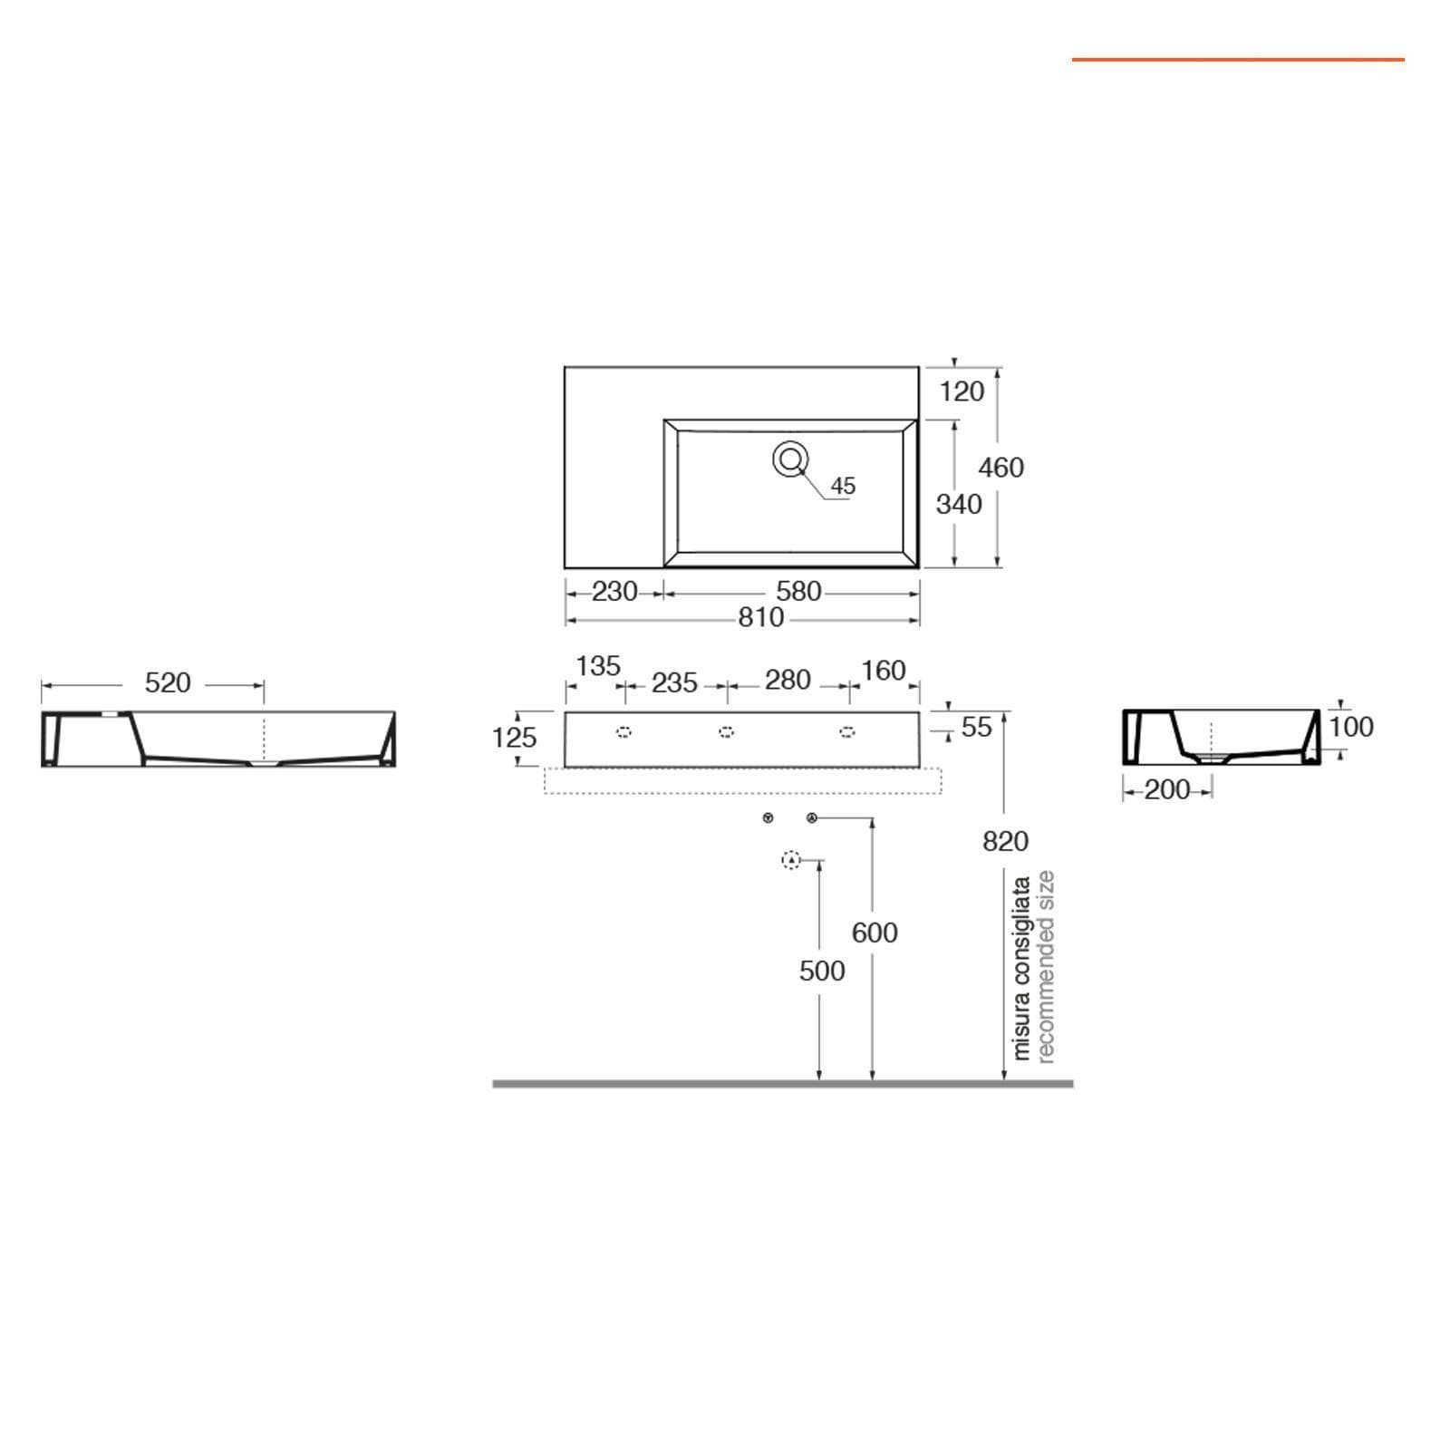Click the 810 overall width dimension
tap(760, 617)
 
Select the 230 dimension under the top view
tap(614, 592)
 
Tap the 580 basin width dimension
tap(798, 592)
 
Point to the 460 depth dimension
tap(1001, 468)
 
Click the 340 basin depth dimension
tap(959, 504)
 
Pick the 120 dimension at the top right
tap(962, 391)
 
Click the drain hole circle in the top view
tap(790, 459)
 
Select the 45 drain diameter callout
tap(843, 486)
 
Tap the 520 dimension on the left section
tap(168, 682)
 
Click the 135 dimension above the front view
tap(598, 666)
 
